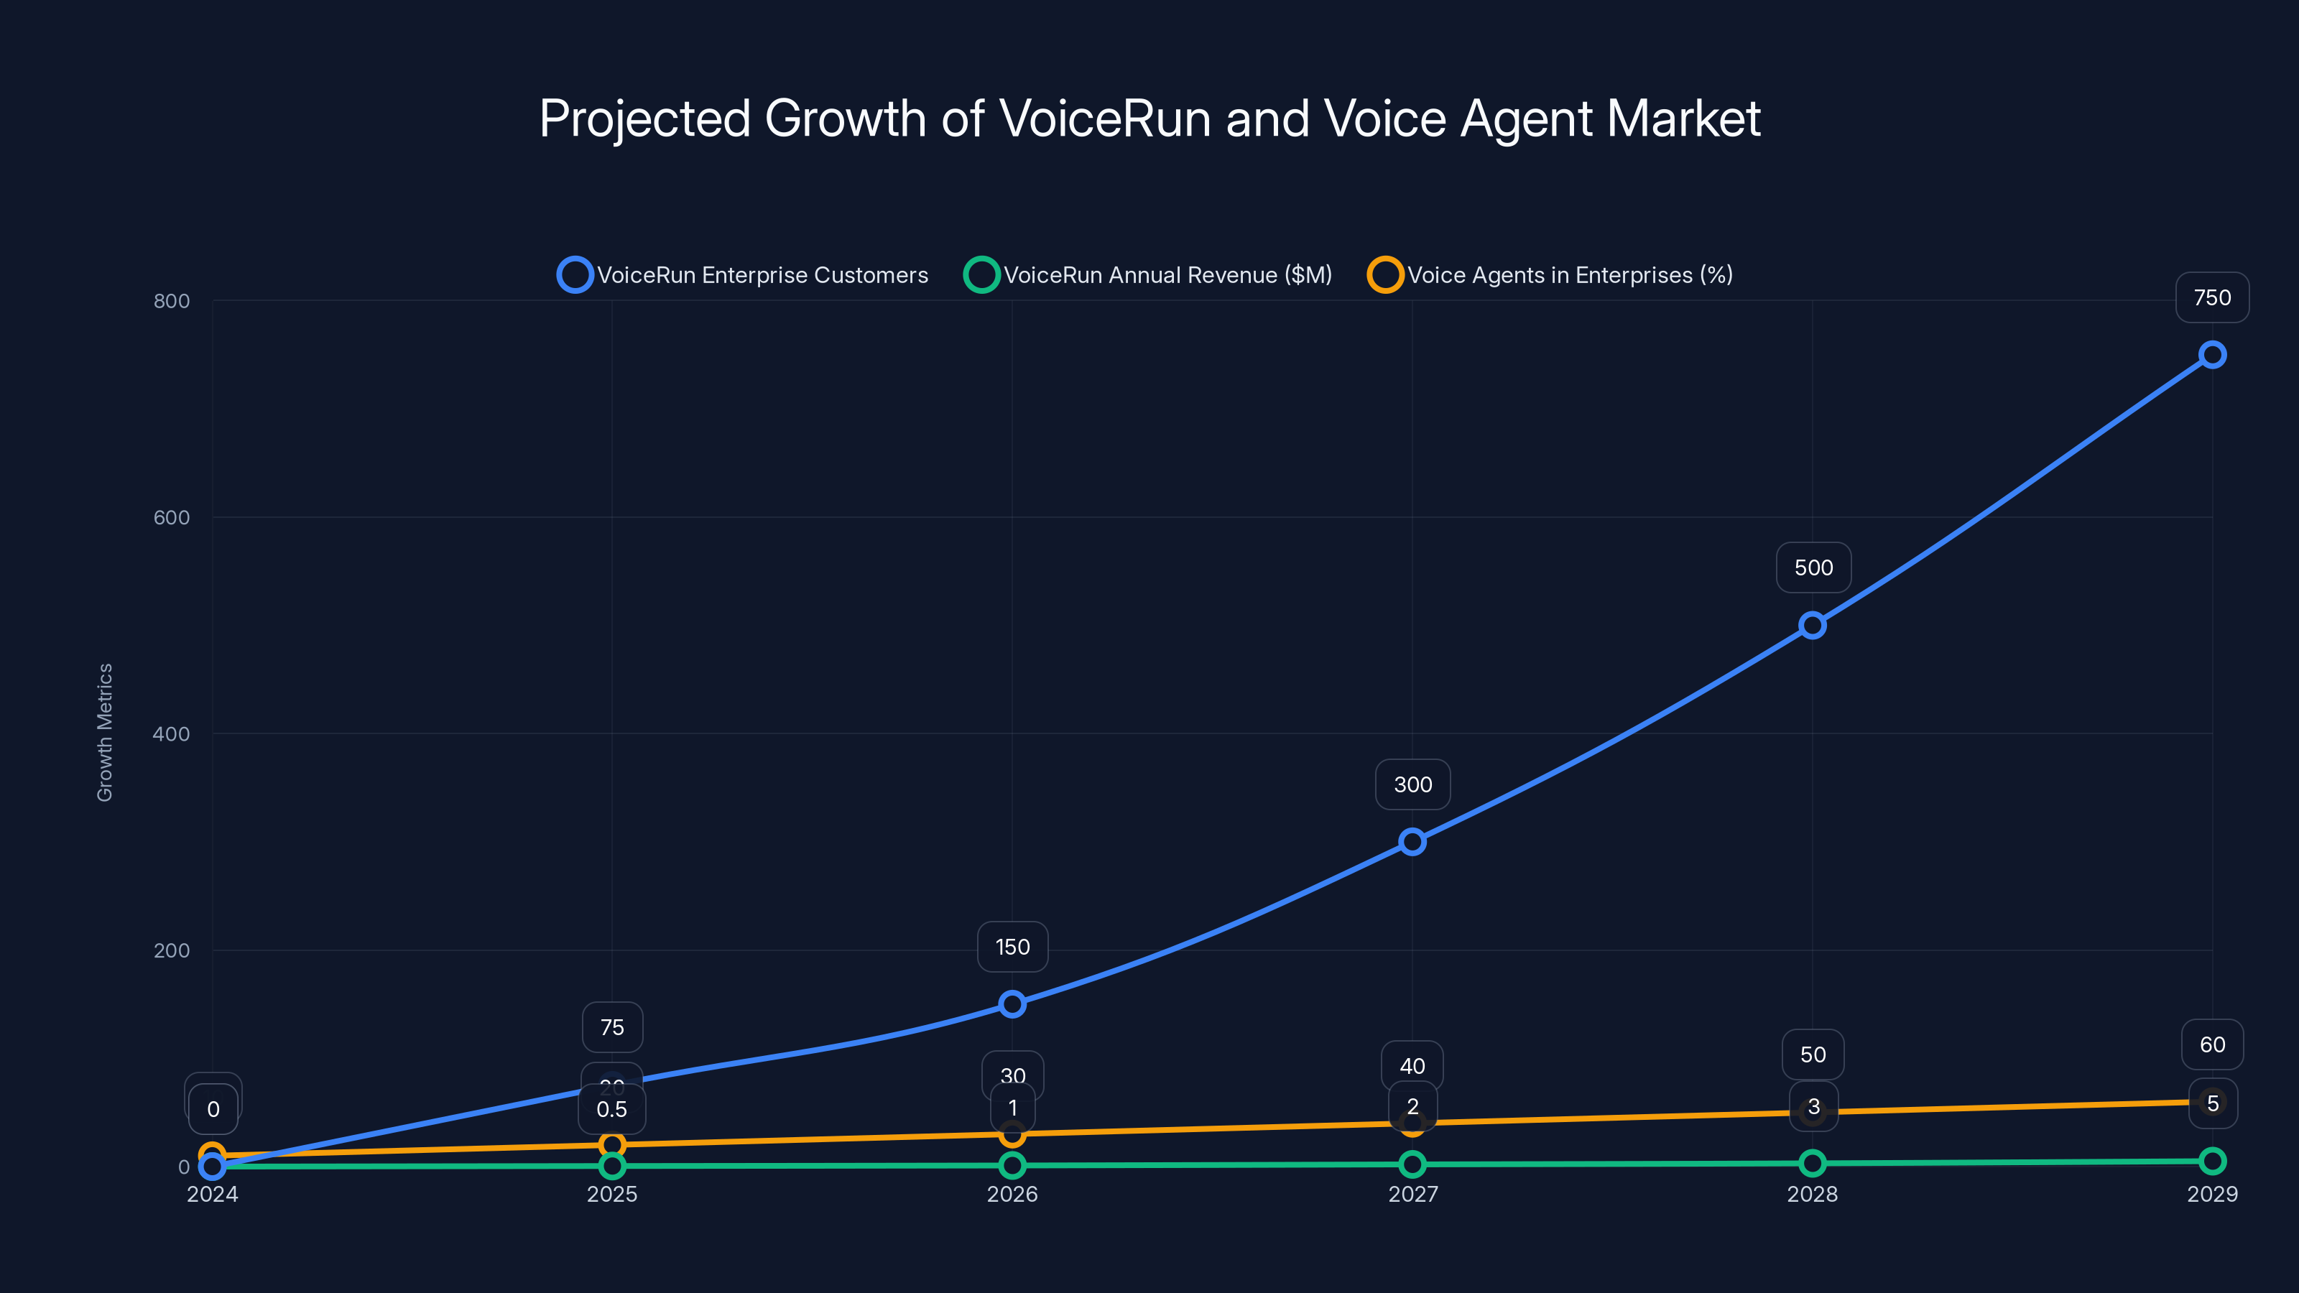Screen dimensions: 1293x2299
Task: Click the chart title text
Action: coord(1149,119)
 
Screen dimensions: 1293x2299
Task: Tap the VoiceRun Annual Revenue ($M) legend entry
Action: coord(1149,275)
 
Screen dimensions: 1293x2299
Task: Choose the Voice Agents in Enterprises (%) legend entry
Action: coord(1550,275)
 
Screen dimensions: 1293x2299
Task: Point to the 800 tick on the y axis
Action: coord(172,301)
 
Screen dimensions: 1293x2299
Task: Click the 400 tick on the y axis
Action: coord(172,733)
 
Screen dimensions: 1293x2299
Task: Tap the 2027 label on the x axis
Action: coord(1412,1194)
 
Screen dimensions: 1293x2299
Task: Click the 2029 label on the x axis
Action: coord(2211,1194)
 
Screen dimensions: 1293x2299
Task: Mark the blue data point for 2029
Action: coord(2211,355)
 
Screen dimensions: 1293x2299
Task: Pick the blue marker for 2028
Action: coord(1812,626)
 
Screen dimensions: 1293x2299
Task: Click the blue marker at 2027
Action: coord(1412,841)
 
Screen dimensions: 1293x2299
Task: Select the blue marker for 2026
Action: coord(1012,1004)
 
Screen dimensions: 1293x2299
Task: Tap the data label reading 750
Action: coord(2211,298)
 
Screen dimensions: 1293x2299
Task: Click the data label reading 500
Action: coord(1813,567)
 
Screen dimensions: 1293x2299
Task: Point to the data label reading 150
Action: coord(1012,947)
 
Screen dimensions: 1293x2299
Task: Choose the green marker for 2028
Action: coord(1812,1163)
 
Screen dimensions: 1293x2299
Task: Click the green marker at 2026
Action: coord(1012,1164)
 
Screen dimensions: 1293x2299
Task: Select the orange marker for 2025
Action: coord(612,1145)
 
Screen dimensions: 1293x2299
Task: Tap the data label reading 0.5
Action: coord(611,1109)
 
